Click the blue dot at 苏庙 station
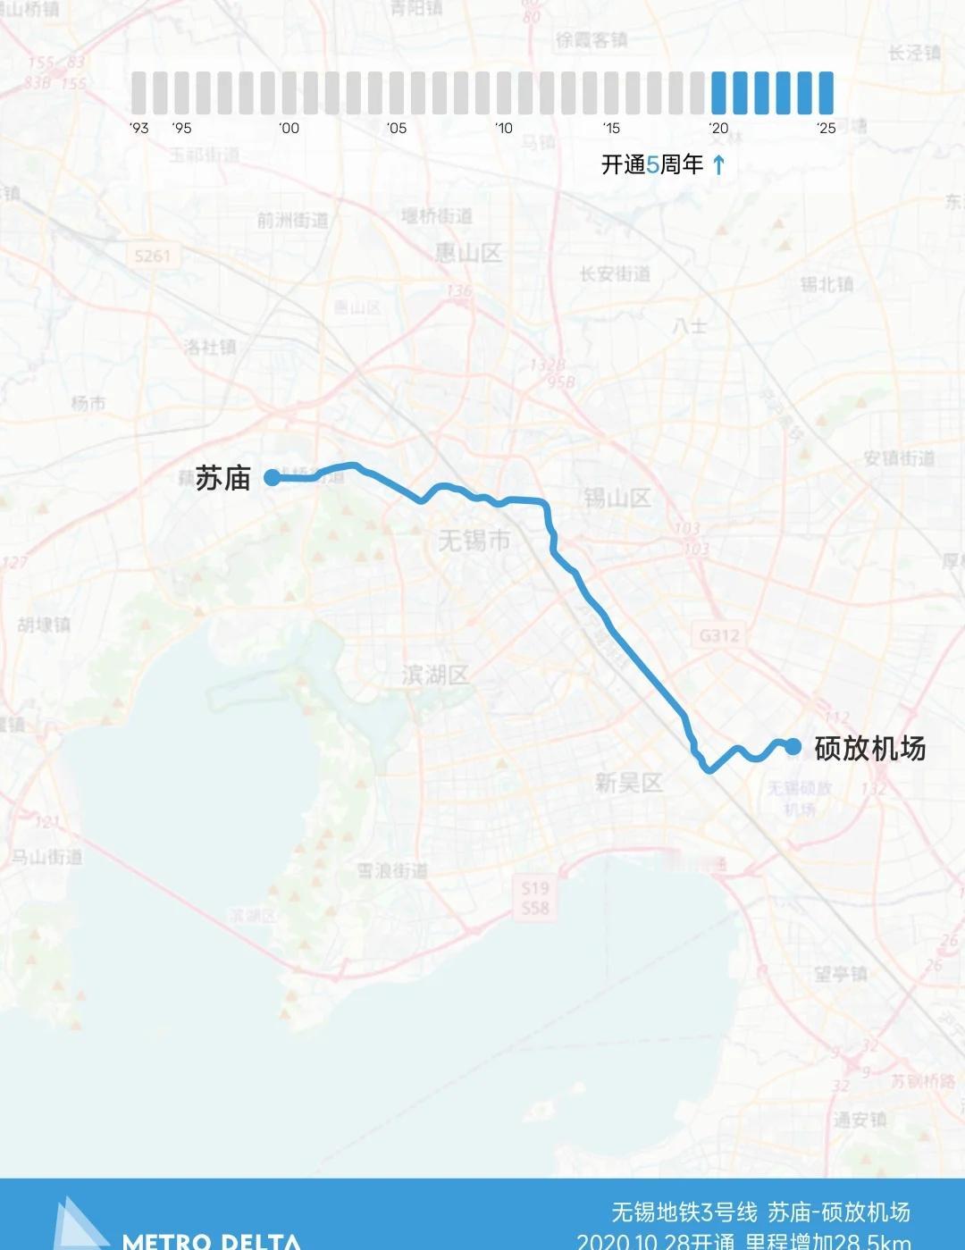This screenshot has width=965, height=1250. coord(272,478)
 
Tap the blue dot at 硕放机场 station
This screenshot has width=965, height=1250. coord(793,746)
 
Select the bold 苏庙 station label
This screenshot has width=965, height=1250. coord(223,478)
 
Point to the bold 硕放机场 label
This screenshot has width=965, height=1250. coord(869,748)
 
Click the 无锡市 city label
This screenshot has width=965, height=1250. coord(474,541)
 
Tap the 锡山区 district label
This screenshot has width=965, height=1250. coord(617,498)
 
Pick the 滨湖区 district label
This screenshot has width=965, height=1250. coord(435,675)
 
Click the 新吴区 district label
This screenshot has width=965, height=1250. coord(629,784)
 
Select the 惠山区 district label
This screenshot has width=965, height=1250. coord(468,253)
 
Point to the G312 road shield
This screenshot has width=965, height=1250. coord(719,635)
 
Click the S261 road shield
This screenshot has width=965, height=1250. coord(152,256)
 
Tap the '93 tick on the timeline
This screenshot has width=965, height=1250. coord(138,128)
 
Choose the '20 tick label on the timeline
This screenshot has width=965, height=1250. coord(718,128)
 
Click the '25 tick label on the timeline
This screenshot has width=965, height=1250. coord(826,128)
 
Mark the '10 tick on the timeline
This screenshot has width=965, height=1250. coord(504,128)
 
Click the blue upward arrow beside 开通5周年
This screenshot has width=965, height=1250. coord(719,164)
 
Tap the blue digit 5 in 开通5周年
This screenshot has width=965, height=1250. coord(652,164)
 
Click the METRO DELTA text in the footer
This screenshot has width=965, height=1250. coord(211,1240)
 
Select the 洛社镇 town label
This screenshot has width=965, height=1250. coord(210,347)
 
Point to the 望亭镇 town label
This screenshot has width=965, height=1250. coord(840,974)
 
